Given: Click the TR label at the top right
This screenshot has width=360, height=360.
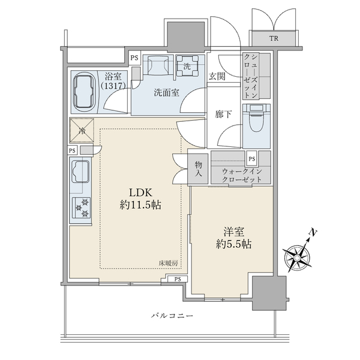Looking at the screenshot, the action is pyautogui.click(x=274, y=38).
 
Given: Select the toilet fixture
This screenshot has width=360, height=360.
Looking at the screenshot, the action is pyautogui.click(x=256, y=118).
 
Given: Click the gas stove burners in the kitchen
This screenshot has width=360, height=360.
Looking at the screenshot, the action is pyautogui.click(x=82, y=208).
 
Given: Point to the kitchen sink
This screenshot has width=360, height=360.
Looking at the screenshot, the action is pyautogui.click(x=80, y=171).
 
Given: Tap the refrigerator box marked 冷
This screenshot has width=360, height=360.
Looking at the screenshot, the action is pyautogui.click(x=82, y=130).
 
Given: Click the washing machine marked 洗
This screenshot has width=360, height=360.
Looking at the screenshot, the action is pyautogui.click(x=187, y=66).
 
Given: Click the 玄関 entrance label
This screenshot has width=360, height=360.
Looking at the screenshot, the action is pyautogui.click(x=217, y=76).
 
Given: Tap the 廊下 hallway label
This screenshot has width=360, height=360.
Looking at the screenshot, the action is pyautogui.click(x=223, y=114).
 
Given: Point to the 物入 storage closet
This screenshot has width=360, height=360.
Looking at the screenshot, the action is pyautogui.click(x=198, y=169).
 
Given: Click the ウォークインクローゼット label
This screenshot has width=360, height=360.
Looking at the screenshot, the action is pyautogui.click(x=242, y=175).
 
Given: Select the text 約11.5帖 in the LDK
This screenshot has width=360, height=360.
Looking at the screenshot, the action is pyautogui.click(x=140, y=205).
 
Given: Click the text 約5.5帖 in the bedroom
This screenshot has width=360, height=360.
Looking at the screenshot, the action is pyautogui.click(x=233, y=244).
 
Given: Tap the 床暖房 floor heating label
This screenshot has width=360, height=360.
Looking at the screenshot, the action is pyautogui.click(x=168, y=263).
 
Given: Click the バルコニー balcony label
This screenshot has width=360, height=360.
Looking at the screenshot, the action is pyautogui.click(x=172, y=316).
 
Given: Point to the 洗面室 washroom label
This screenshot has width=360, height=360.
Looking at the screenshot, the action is pyautogui.click(x=166, y=92).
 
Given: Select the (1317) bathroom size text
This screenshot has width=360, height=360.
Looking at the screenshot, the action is pyautogui.click(x=113, y=86).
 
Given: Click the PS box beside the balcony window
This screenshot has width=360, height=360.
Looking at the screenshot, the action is pyautogui.click(x=178, y=279).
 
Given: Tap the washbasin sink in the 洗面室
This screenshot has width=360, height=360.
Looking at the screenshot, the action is pyautogui.click(x=158, y=65).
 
